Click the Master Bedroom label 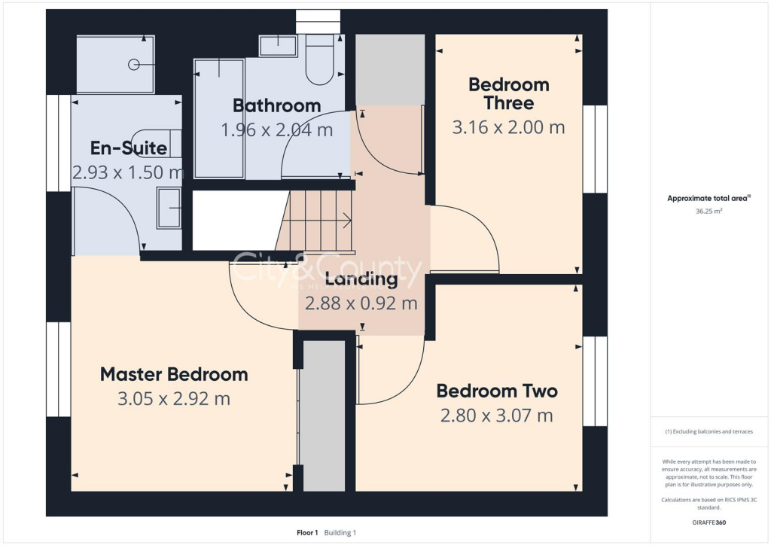174,374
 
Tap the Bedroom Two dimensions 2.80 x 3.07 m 497,415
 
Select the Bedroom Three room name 508,93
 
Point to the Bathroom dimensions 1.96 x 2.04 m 276,129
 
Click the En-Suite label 128,148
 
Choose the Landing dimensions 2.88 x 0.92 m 361,303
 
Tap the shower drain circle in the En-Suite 133,65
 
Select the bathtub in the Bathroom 219,118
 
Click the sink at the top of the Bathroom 279,46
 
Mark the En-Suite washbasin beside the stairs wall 169,208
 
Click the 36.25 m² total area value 708,212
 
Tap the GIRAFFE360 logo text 710,522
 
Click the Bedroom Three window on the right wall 595,149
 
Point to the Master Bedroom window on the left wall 58,370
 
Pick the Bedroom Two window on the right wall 595,381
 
